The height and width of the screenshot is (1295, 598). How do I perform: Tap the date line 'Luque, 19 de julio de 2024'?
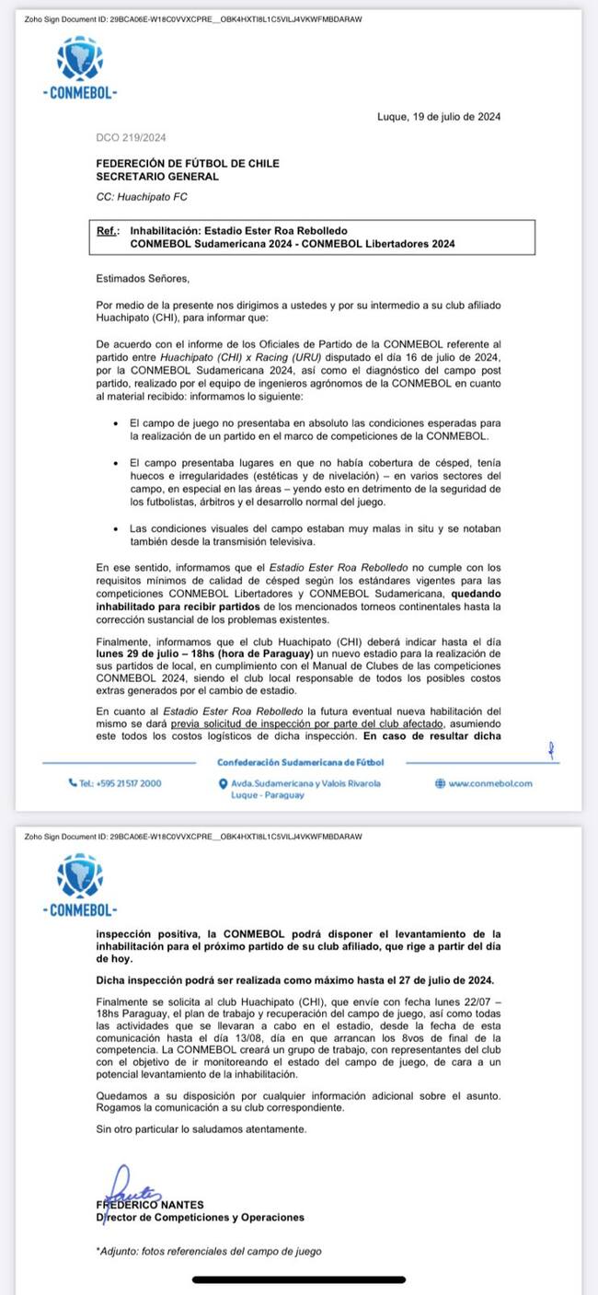(x=439, y=117)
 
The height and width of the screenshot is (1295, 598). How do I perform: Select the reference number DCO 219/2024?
(x=130, y=138)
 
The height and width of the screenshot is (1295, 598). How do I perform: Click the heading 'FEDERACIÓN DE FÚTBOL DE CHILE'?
(x=188, y=164)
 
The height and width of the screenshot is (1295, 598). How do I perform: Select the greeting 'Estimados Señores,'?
(x=142, y=277)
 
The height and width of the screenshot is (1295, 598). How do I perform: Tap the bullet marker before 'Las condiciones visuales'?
(x=116, y=529)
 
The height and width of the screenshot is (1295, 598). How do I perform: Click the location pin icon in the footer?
(x=224, y=783)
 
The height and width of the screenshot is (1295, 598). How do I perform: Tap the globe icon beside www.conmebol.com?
(x=440, y=783)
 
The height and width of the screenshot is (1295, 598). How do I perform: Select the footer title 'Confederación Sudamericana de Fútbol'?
(x=300, y=762)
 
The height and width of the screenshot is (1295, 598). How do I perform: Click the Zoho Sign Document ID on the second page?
(x=193, y=837)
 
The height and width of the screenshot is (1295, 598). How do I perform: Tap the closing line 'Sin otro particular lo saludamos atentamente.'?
(x=201, y=1128)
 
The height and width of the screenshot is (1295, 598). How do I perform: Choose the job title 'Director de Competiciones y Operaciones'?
(x=200, y=1217)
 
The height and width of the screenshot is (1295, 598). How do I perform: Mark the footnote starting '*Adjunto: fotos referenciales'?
(x=209, y=1251)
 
